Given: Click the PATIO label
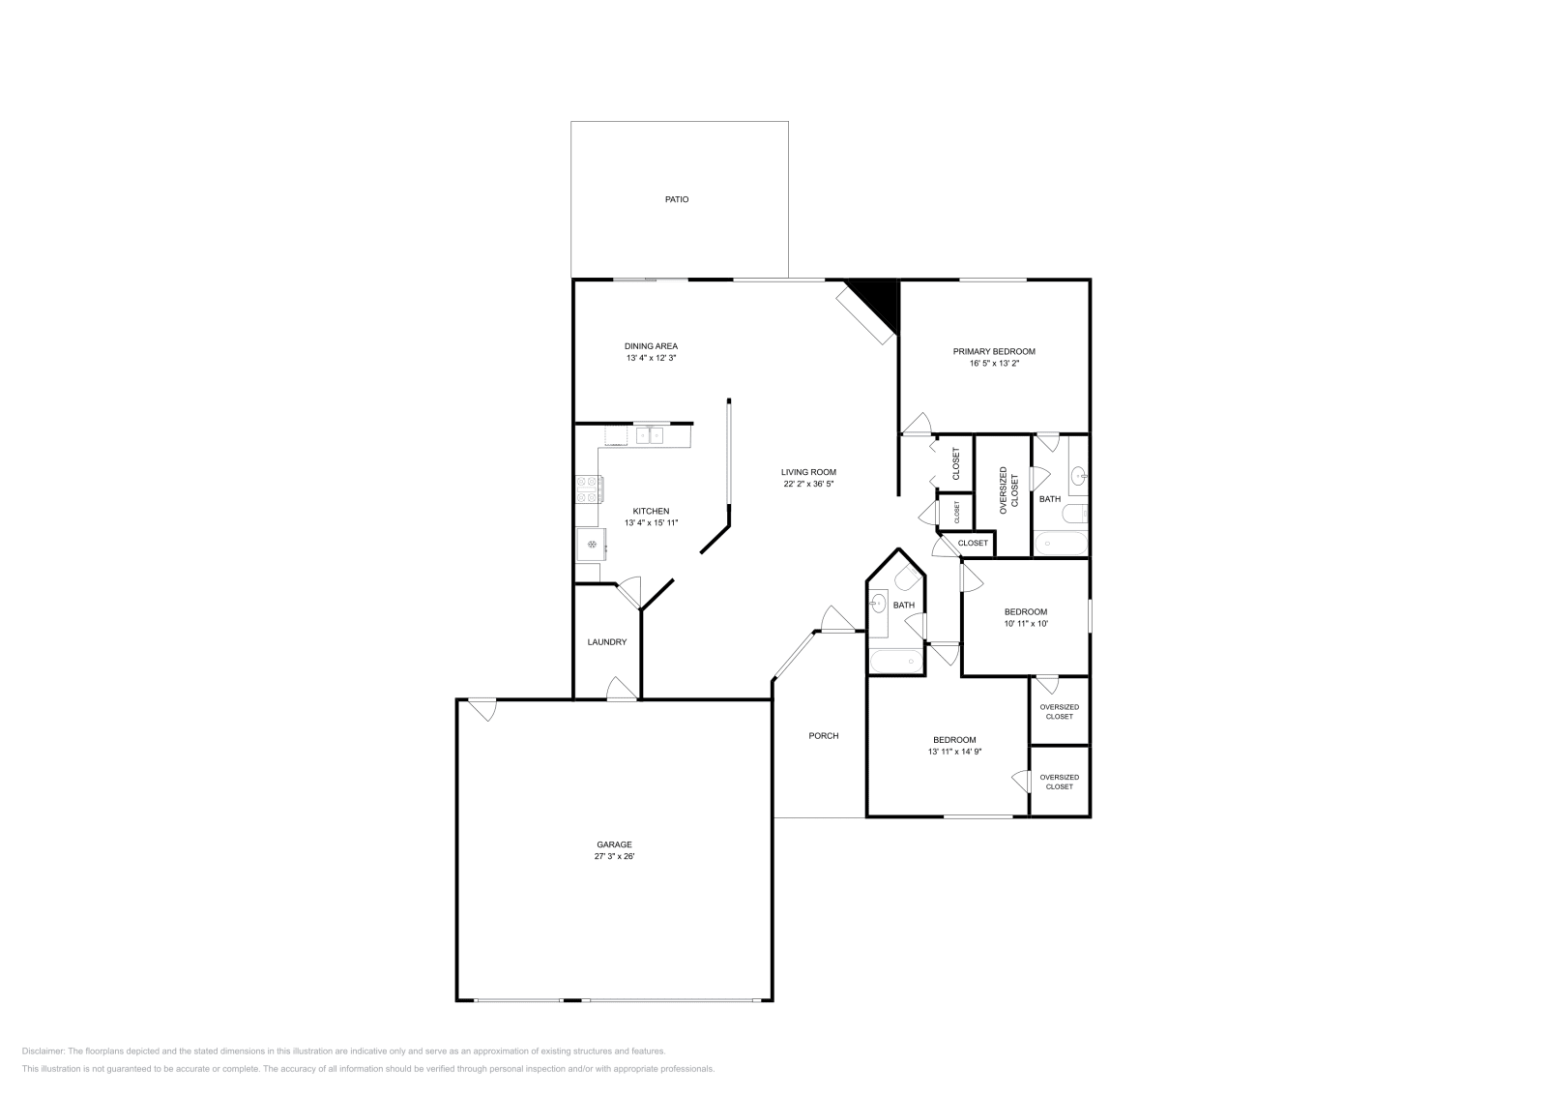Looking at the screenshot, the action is click(x=676, y=199).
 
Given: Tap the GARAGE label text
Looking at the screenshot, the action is click(x=614, y=844).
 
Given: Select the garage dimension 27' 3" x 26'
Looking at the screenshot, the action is click(x=614, y=857).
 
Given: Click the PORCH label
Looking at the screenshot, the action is click(x=823, y=736).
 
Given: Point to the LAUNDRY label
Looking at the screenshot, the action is click(x=607, y=641).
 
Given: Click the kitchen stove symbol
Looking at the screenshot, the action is click(x=589, y=489).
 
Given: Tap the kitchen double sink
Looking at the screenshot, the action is click(x=649, y=435).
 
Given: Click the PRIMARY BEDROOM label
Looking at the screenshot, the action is click(x=994, y=352).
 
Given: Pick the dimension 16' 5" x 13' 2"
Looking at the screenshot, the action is click(x=994, y=364).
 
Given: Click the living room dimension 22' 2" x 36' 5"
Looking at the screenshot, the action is click(x=808, y=485).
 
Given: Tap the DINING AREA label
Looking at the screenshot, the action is click(x=651, y=346).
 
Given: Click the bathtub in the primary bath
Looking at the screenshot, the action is click(x=1060, y=543).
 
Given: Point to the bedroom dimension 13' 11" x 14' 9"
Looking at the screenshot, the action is click(x=954, y=752).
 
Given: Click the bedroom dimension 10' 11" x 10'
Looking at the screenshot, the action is click(x=1026, y=624).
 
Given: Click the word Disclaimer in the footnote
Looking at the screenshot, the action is click(x=43, y=1051).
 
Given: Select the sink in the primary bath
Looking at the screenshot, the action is click(x=1078, y=475).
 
